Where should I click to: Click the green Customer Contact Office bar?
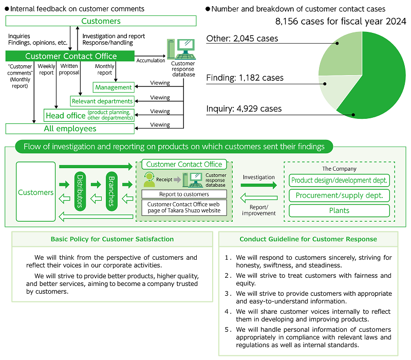71,56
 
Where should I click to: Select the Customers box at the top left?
101,21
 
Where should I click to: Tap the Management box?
114,87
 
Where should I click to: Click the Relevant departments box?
102,101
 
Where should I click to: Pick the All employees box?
70,129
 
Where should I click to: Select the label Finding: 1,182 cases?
245,78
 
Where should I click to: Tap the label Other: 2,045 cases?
242,39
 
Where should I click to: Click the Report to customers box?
183,194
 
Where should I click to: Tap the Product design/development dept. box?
339,181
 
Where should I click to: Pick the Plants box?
339,210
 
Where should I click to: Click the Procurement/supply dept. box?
339,195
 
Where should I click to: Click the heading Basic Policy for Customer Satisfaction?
112,239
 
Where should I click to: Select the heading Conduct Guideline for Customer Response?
308,239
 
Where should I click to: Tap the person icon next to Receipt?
150,179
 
